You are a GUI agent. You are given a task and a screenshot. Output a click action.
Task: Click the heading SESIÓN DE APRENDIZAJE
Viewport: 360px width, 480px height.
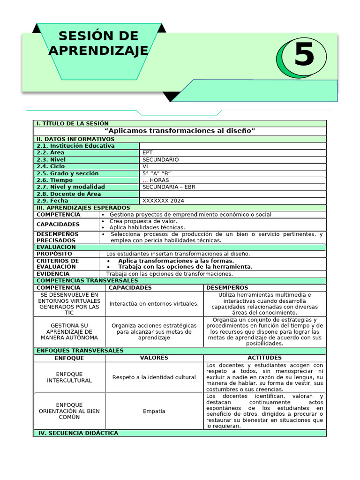[98, 43]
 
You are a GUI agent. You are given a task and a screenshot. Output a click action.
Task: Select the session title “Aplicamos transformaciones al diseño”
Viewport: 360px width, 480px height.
[180, 131]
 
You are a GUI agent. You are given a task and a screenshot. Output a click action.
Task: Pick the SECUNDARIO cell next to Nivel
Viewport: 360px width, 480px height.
[160, 159]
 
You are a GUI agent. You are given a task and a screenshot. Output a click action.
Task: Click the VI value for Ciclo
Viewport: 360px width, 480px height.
[145, 166]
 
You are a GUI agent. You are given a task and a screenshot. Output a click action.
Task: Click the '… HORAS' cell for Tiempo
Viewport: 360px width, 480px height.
[156, 180]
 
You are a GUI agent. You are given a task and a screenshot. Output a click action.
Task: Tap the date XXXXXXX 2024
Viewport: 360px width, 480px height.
[163, 201]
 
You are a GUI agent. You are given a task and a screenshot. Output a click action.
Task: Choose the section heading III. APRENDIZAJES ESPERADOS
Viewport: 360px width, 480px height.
[83, 208]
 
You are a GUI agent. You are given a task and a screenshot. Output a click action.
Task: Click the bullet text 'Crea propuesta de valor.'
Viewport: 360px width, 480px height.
[143, 221]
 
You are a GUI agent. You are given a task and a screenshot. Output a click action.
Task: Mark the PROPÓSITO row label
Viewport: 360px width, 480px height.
[54, 254]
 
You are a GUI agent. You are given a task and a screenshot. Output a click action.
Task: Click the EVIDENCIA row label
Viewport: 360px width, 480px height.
[53, 274]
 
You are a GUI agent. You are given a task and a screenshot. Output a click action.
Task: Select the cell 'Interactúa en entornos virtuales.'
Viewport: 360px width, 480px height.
[154, 304]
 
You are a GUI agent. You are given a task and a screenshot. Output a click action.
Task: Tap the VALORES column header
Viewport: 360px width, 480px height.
[154, 358]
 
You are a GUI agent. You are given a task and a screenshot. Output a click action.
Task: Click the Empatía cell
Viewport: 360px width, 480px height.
[154, 411]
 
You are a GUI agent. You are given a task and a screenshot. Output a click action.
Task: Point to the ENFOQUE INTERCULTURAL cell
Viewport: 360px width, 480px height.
[69, 377]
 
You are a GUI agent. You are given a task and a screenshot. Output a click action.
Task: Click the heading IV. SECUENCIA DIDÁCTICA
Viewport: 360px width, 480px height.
[78, 433]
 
